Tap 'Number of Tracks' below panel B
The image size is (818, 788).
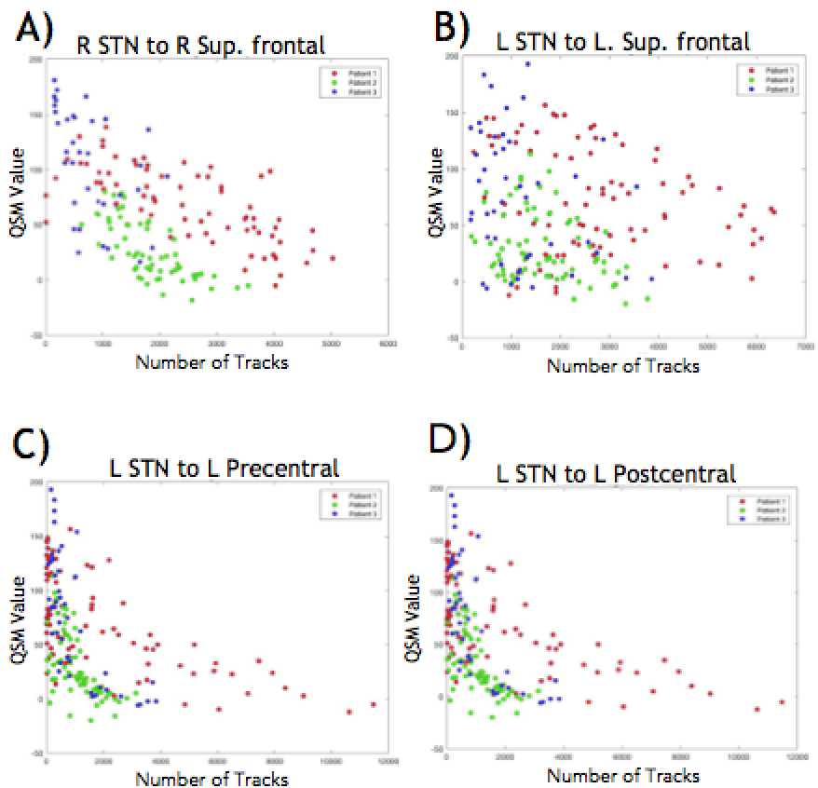click(622, 366)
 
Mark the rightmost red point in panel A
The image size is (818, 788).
click(332, 258)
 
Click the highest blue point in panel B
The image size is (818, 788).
click(527, 64)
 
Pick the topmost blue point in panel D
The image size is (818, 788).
click(451, 495)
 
